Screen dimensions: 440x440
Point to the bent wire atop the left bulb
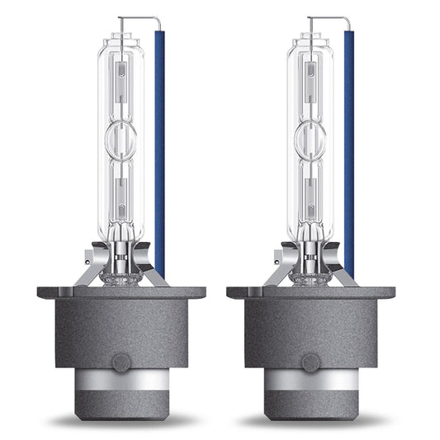click(137, 19)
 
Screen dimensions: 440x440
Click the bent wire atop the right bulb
click(327, 19)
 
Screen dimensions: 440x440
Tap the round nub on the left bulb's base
click(121, 361)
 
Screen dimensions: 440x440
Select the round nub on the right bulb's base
click(311, 361)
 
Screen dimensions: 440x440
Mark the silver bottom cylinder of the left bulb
click(121, 393)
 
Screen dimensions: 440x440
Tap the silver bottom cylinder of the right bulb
click(311, 393)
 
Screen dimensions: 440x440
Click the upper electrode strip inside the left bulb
click(121, 83)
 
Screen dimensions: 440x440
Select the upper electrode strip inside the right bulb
click(310, 83)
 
